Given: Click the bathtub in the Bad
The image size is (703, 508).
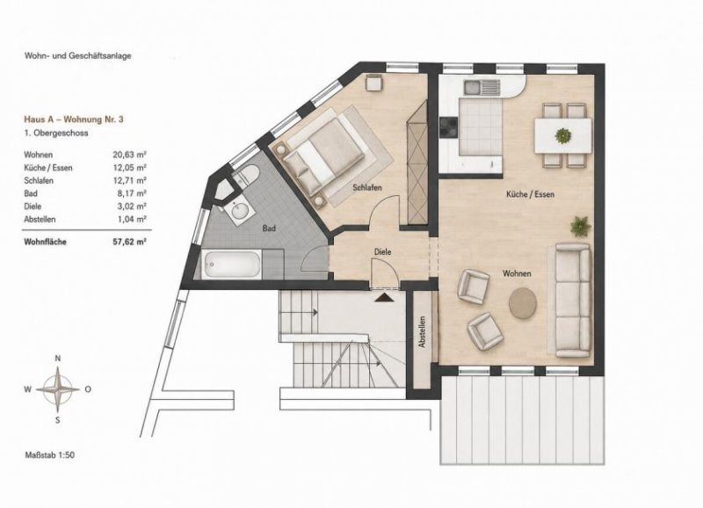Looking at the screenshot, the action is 231,265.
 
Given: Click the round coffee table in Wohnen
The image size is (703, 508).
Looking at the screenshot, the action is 523,303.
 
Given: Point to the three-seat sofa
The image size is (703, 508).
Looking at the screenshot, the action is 573,301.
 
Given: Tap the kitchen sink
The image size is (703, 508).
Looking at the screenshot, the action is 482,87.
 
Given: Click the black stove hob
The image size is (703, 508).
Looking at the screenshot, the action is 449,127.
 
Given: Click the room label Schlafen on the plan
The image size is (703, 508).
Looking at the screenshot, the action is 367,187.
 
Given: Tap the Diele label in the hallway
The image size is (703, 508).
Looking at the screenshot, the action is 382,252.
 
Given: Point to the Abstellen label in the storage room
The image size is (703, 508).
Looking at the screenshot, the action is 422,332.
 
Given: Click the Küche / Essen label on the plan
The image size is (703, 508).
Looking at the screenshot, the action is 530,194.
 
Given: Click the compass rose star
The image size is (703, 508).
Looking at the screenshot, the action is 58,389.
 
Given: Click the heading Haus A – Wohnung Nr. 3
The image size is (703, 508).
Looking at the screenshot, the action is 74,120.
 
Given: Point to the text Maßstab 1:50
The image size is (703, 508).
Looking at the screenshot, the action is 49,454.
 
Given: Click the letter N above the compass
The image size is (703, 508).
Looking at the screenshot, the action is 57,358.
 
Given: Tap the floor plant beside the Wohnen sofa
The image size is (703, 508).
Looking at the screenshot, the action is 581,226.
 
